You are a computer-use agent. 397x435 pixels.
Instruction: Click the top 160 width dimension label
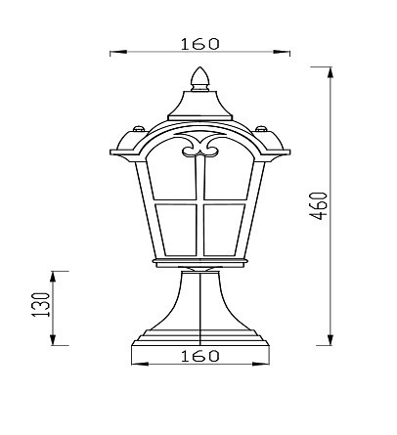point(200,44)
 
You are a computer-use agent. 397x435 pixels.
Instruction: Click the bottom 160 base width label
point(200,356)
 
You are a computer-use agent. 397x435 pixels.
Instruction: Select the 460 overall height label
point(318,206)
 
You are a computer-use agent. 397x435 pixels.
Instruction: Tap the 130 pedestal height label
point(41,305)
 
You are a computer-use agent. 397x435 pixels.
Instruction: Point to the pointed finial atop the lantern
point(199,79)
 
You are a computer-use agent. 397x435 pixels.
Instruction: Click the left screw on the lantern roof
point(139,128)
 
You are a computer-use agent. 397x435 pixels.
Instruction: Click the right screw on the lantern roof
point(261,128)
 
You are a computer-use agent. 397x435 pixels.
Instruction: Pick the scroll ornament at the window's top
point(200,145)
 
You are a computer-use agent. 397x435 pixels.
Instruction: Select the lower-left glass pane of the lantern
point(177,230)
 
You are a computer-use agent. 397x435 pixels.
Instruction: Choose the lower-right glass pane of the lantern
point(224,230)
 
